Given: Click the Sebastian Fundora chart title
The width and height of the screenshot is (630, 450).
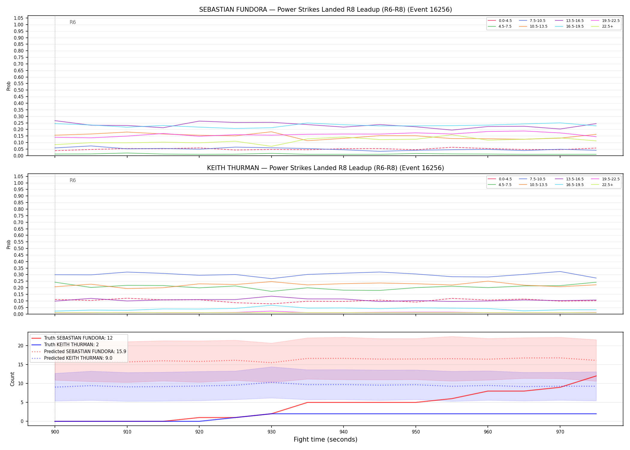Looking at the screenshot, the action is pos(325,10).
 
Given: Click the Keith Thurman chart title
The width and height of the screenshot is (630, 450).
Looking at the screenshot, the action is pos(325,168).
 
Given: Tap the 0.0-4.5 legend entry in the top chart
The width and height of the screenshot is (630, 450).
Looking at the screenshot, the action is pos(500,21).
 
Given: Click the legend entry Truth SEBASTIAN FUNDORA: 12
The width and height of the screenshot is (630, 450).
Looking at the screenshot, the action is pos(72,338).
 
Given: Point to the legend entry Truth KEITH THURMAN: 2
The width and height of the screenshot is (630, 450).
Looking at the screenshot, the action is pos(65,345).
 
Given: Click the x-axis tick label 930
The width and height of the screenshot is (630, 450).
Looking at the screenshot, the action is pos(271,432).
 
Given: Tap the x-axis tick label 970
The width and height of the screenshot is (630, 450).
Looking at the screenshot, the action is pos(560,432).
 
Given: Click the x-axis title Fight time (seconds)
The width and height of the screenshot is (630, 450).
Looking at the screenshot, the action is pos(325,440).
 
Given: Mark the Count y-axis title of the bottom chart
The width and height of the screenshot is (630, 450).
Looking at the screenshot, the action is pos(12,379).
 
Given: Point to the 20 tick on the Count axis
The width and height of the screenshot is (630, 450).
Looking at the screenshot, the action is pos(21,346).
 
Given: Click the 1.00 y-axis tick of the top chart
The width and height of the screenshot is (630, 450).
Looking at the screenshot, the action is pos(19,25).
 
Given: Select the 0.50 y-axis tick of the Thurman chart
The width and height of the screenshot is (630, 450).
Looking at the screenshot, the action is pos(19,248).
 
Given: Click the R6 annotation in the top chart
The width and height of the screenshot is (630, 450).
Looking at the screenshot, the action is pos(73,22).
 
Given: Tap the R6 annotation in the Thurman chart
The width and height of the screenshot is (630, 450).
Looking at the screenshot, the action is pos(73,180).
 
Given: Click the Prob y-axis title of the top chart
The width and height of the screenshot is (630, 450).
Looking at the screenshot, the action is pos(9,86).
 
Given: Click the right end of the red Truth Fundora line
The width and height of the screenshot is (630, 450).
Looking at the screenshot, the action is pos(596,376).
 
